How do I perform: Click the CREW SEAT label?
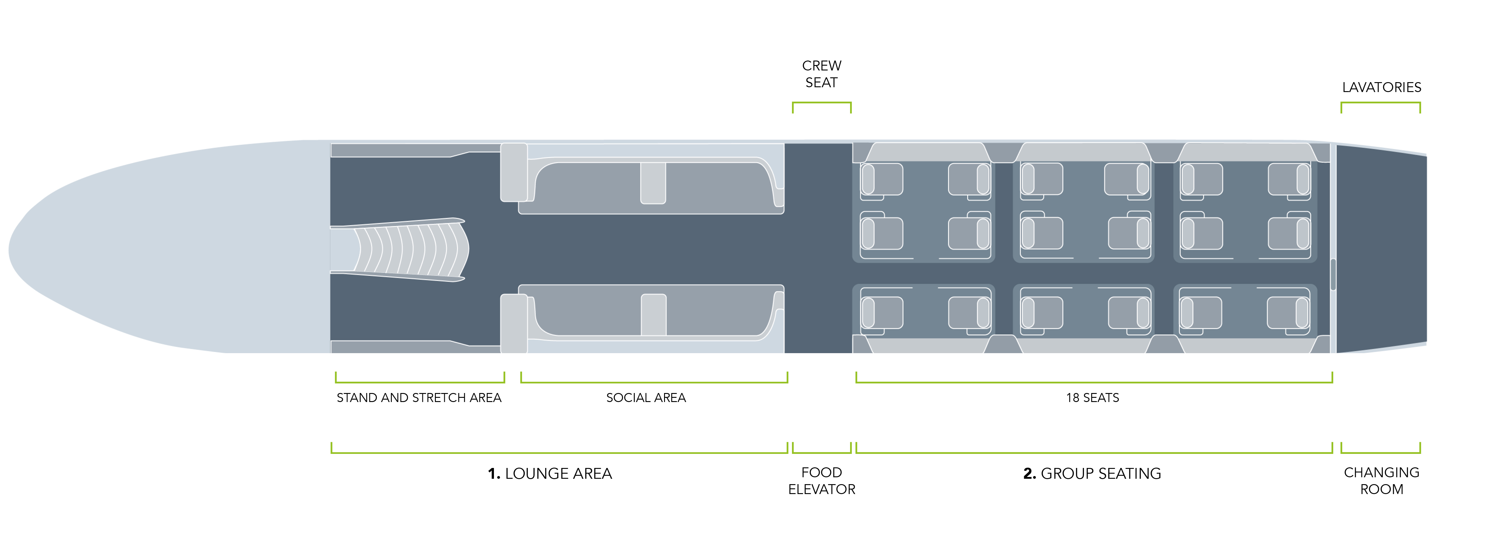pyautogui.click(x=821, y=74)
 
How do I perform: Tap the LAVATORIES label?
pyautogui.click(x=1381, y=87)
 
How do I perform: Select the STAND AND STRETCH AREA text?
pyautogui.click(x=419, y=398)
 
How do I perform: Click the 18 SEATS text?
pyautogui.click(x=1092, y=398)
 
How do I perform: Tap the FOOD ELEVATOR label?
pyautogui.click(x=821, y=481)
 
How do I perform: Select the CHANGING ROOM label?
pyautogui.click(x=1381, y=481)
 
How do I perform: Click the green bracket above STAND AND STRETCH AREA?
pyautogui.click(x=419, y=381)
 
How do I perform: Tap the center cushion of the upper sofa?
pyautogui.click(x=653, y=183)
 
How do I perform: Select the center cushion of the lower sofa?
pyautogui.click(x=654, y=314)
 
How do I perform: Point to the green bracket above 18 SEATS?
pyautogui.click(x=1094, y=381)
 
